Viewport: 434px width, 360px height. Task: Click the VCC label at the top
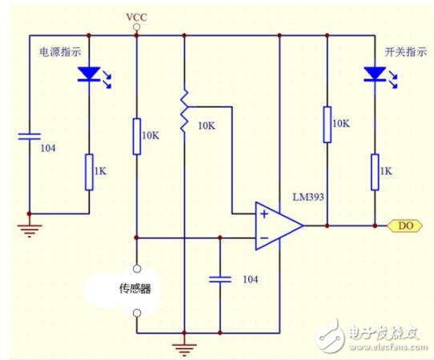(136, 17)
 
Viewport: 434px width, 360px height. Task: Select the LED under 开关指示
(374, 75)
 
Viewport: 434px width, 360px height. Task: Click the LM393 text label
(309, 196)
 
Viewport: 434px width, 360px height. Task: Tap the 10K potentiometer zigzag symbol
(184, 111)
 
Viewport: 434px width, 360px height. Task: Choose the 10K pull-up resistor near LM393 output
(328, 124)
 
